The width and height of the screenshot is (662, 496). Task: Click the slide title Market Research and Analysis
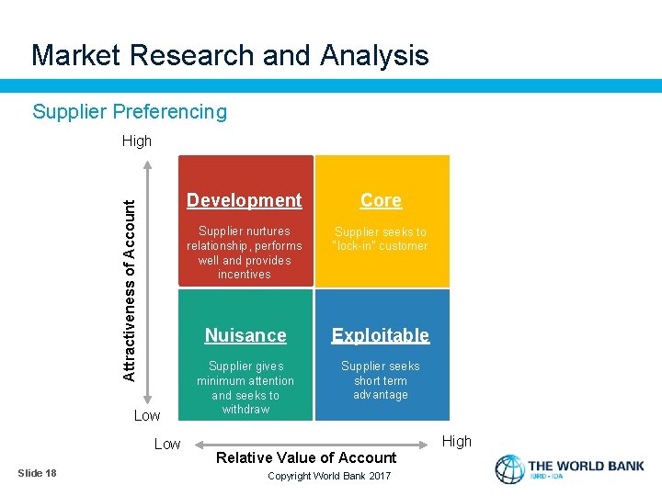point(230,55)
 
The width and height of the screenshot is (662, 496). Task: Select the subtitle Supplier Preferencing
point(130,112)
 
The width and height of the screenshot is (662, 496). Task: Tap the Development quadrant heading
point(244,200)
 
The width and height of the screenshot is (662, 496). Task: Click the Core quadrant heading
point(381,200)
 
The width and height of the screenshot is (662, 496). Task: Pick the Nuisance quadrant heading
point(245,335)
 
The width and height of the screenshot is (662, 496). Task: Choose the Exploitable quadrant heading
point(381,335)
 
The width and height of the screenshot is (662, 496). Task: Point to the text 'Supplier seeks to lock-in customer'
point(381,239)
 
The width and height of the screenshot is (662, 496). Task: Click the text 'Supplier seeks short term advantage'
point(381,380)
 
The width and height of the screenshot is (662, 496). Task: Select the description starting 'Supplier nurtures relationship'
point(244,253)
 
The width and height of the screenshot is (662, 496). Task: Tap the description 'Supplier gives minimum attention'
point(245,388)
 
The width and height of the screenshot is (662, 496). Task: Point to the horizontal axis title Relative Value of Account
point(307,457)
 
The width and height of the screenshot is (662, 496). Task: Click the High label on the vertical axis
point(137,141)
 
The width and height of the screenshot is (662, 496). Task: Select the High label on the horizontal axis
point(456,442)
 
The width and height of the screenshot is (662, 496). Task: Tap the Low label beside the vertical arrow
point(147,416)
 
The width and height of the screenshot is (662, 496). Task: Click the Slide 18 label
point(38,473)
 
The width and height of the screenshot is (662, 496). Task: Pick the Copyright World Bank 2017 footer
point(328,476)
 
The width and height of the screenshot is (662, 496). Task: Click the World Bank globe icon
point(509,469)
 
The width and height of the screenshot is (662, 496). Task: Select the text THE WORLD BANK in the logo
point(586,466)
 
